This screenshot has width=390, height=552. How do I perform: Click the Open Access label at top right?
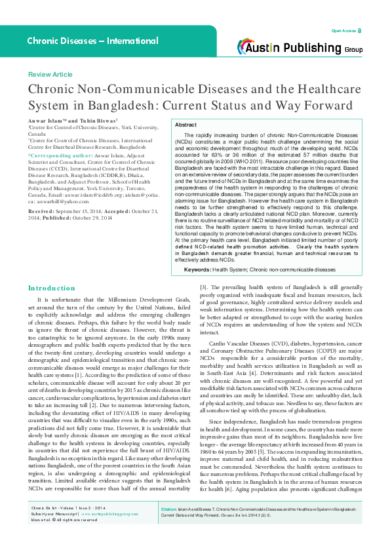pyautogui.click(x=343, y=31)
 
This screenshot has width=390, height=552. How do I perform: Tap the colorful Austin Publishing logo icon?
pyautogui.click(x=247, y=47)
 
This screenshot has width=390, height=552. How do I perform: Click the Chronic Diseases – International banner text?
pyautogui.click(x=92, y=41)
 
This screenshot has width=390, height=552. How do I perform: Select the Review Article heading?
pyautogui.click(x=50, y=75)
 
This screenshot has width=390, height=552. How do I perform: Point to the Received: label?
pyautogui.click(x=41, y=211)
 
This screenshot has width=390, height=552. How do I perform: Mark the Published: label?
pyautogui.click(x=56, y=217)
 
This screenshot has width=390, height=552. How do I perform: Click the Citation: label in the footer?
pyautogui.click(x=170, y=527)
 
